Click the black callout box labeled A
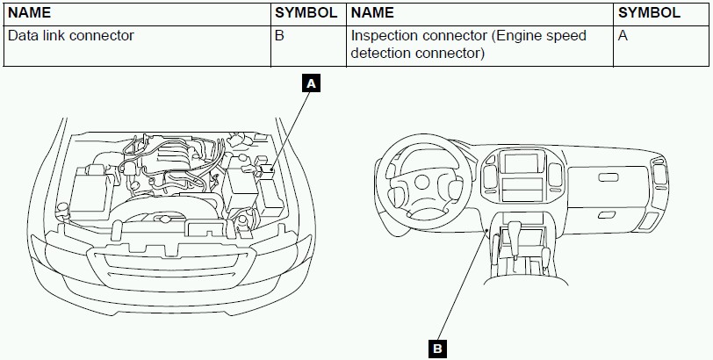tap(311, 84)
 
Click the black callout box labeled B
tap(437, 348)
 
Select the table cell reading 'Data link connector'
tap(71, 36)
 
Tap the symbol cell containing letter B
tap(280, 36)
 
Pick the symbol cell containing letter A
tap(623, 36)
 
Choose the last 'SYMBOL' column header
tap(649, 12)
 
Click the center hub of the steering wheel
tap(422, 183)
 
